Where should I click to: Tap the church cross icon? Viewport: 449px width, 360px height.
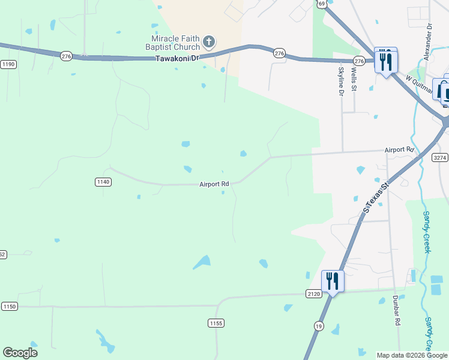208,41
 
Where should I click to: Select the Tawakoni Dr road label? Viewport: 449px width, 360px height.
176,59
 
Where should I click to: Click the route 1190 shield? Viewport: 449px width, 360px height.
8,64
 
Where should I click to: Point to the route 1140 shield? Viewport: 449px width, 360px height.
103,182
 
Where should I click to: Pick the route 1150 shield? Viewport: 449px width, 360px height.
10,306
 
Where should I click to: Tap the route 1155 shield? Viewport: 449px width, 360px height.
216,323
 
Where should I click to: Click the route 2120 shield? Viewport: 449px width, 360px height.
313,293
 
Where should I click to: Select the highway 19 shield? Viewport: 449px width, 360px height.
318,325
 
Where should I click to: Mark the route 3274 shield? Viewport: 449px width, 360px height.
440,157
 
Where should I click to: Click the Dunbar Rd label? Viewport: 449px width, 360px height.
397,310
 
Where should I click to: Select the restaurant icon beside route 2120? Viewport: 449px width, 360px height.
333,281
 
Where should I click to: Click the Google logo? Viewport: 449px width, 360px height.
20,353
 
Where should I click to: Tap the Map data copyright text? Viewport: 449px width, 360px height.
412,355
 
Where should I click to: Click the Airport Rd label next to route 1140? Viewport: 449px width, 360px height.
214,184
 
